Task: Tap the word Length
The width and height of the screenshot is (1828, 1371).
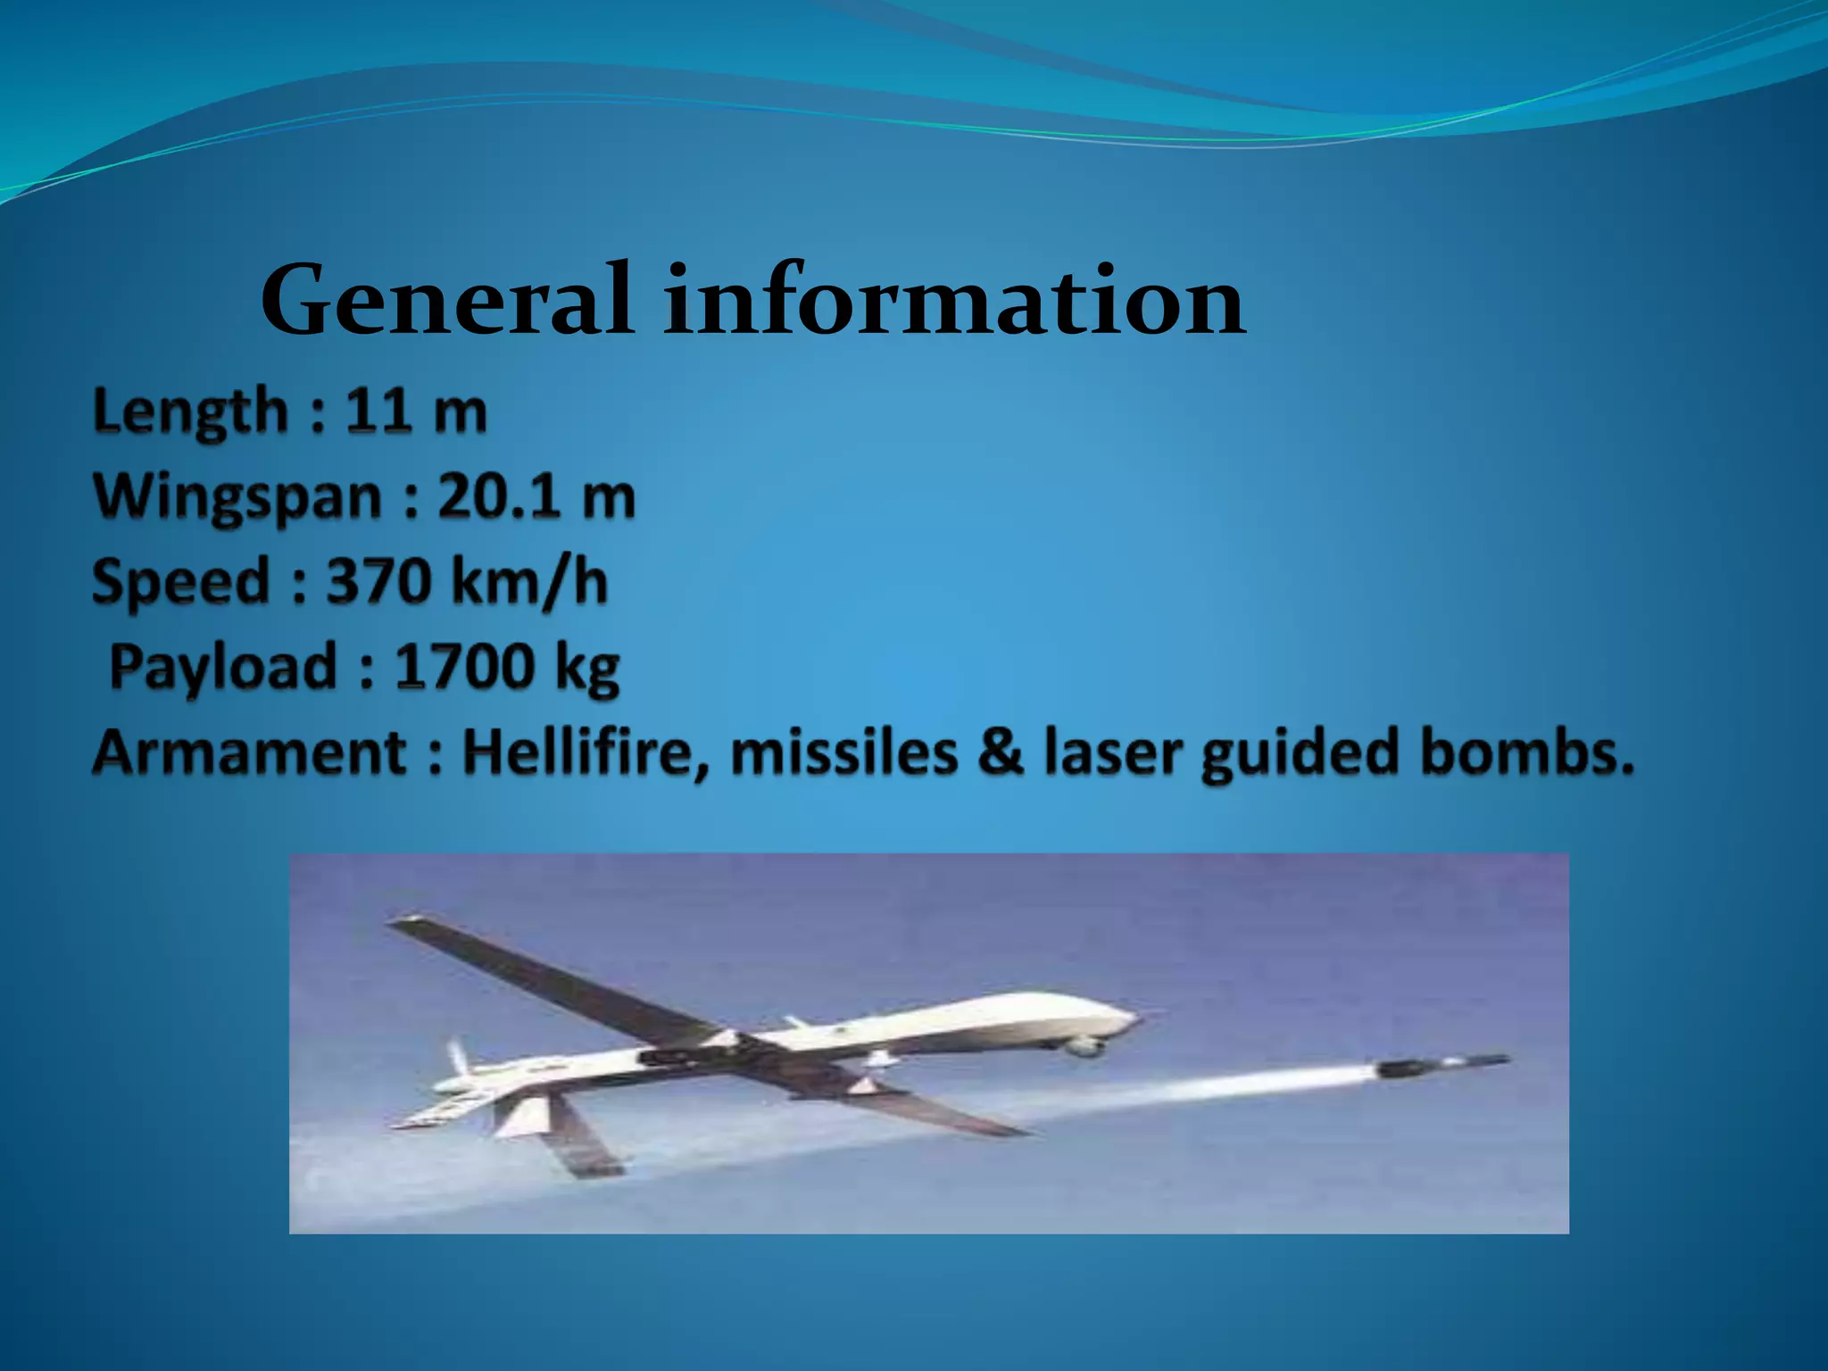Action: click(190, 412)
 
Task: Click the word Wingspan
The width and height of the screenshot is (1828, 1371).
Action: click(237, 497)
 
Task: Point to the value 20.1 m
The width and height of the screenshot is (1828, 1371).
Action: click(536, 496)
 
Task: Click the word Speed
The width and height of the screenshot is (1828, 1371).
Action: click(180, 581)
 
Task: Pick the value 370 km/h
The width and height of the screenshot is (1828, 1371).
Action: click(467, 581)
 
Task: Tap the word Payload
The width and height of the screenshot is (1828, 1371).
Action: click(222, 667)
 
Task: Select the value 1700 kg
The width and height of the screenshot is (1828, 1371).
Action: click(506, 667)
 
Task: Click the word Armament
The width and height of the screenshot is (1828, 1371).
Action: click(250, 752)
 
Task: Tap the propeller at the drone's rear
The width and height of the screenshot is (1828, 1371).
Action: click(457, 1059)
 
